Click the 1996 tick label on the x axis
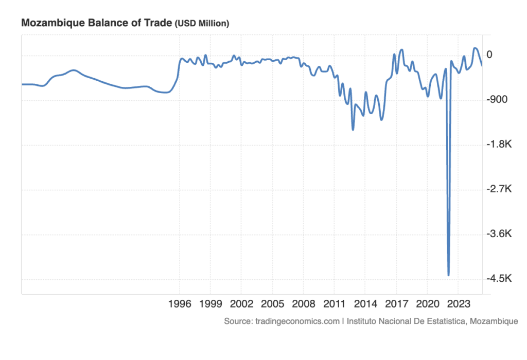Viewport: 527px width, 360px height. click(x=180, y=303)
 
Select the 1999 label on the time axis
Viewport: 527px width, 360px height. click(x=210, y=303)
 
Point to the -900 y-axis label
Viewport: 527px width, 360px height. click(x=497, y=100)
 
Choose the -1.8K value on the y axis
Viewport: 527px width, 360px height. click(x=497, y=145)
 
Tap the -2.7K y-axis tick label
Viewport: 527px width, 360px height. click(x=497, y=189)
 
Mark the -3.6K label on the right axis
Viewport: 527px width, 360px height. click(x=497, y=234)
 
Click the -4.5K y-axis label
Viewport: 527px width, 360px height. click(x=497, y=279)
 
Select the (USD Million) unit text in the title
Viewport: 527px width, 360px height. click(x=202, y=24)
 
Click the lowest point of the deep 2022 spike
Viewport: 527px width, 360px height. click(x=449, y=275)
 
